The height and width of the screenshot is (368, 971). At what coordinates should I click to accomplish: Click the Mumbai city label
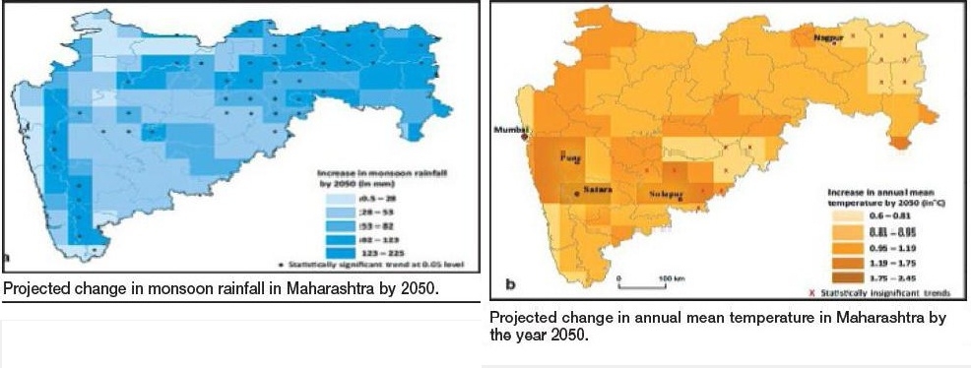click(x=510, y=129)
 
